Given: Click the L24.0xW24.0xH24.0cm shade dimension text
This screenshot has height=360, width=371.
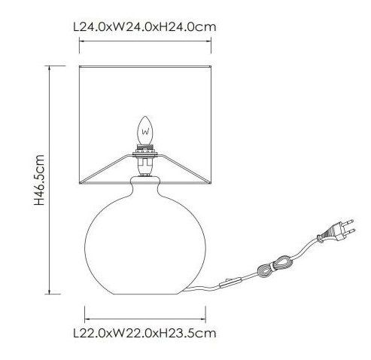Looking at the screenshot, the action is click(144, 27).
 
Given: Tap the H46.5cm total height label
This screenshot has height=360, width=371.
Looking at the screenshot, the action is click(39, 180).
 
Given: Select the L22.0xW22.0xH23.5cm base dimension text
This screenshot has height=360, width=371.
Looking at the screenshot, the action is click(144, 334).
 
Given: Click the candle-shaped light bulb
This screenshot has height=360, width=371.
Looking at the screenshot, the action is click(145, 130).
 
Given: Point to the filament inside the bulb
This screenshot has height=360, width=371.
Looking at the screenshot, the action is click(145, 132).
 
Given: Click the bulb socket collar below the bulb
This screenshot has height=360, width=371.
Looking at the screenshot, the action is click(145, 151).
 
